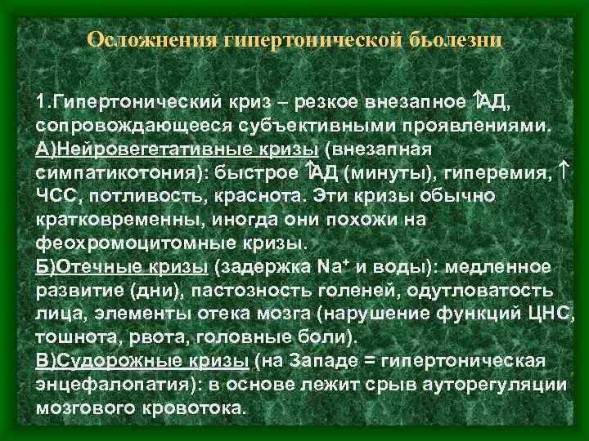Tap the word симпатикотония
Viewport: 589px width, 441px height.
(x=115, y=173)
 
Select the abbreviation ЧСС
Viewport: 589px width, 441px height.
(x=57, y=197)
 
